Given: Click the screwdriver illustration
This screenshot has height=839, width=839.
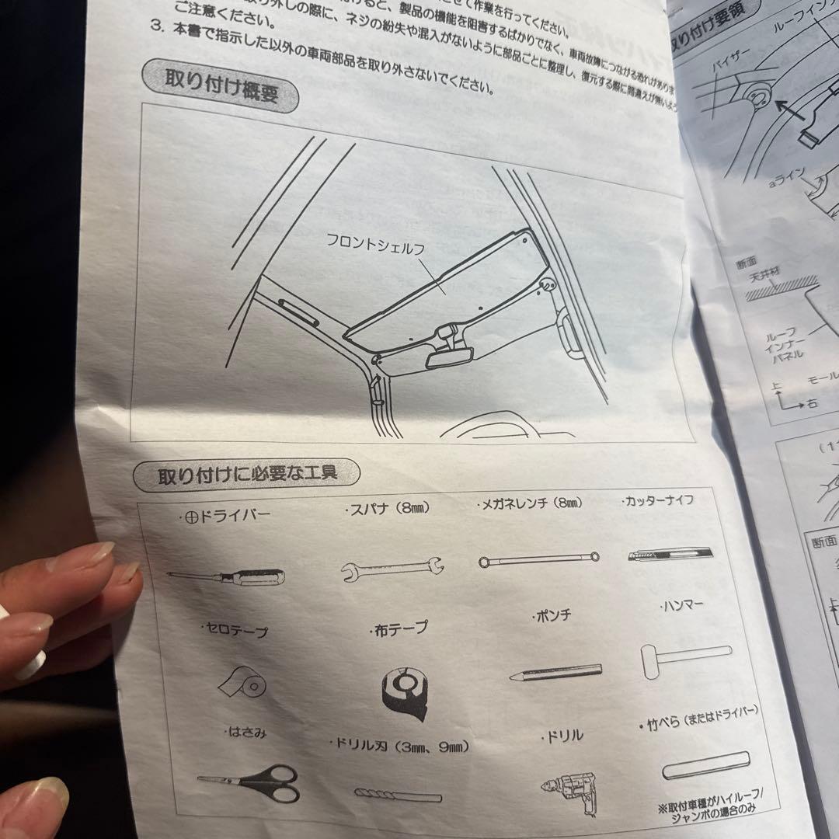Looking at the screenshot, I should tap(227, 576).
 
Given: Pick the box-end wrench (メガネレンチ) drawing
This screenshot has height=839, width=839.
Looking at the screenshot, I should tap(538, 558).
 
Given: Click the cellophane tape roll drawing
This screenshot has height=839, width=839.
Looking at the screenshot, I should tap(242, 684).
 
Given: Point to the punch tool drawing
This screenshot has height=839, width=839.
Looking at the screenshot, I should tap(555, 672).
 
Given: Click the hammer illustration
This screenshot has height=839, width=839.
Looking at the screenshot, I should tap(684, 657).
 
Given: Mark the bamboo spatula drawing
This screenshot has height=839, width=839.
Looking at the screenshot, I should tap(705, 764).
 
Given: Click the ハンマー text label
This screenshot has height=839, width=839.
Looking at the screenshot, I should tap(682, 604).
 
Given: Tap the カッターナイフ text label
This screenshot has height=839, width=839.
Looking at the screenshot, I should tap(657, 501).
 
